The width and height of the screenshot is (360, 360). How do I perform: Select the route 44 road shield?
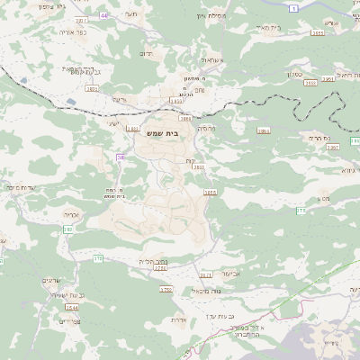[103, 15]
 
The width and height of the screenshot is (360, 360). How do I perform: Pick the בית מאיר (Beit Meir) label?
[269, 27]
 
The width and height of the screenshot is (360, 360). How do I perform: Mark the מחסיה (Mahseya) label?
[206, 129]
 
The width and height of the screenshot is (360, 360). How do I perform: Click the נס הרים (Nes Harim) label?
[320, 138]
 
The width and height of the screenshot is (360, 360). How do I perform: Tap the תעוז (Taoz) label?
[130, 15]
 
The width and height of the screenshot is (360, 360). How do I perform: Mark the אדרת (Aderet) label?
[177, 319]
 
